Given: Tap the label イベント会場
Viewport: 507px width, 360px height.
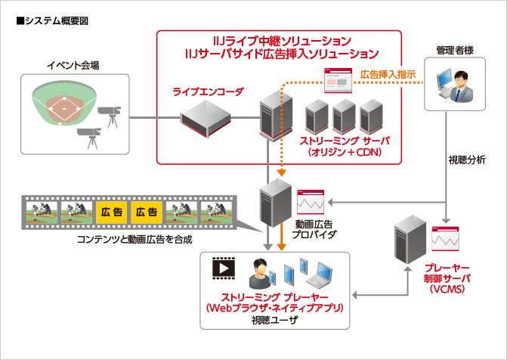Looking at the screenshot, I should (x=73, y=66).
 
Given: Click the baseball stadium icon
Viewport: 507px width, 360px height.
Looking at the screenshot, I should (x=66, y=102).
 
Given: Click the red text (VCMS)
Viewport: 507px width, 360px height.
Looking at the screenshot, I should (x=449, y=289).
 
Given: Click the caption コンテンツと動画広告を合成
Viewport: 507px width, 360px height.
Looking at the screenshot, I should (x=136, y=240).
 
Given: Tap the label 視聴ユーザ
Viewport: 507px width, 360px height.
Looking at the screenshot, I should (x=275, y=320).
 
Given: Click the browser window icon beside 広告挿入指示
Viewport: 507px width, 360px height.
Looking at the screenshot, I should (x=335, y=79).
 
